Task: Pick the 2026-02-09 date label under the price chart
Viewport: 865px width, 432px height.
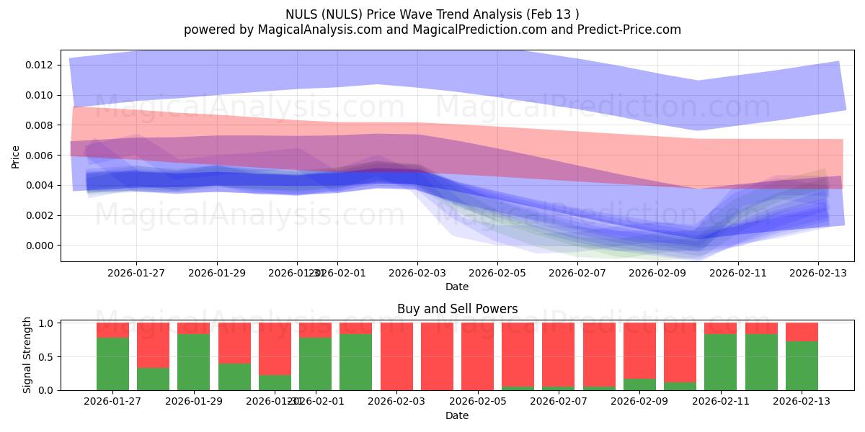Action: click(x=657, y=274)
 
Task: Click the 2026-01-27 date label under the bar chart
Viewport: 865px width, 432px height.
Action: click(x=112, y=402)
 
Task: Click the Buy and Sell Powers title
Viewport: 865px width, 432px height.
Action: click(x=457, y=309)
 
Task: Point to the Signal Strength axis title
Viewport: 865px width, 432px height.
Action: click(x=27, y=355)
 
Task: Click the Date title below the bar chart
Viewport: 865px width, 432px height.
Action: click(x=457, y=415)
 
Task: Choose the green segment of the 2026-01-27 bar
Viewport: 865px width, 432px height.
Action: click(x=112, y=364)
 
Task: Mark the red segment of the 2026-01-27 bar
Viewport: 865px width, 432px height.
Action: click(x=112, y=330)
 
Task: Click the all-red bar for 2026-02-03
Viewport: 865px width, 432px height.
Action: click(x=396, y=356)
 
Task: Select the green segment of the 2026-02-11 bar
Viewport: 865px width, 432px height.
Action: click(x=720, y=361)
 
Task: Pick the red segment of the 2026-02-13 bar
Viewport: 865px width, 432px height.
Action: click(x=802, y=332)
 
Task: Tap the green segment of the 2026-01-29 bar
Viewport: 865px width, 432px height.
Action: click(x=193, y=361)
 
